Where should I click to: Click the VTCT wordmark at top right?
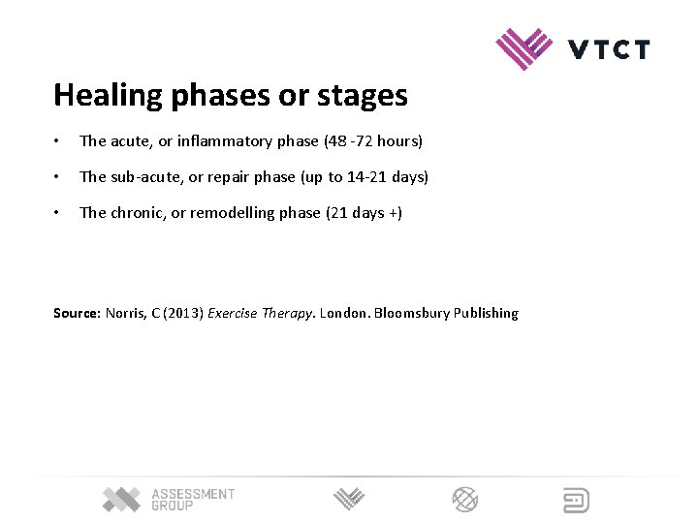[609, 49]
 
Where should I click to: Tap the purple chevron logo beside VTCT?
[523, 48]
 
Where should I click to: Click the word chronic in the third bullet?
[130, 213]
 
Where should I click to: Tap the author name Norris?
[124, 313]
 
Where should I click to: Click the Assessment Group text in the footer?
[193, 500]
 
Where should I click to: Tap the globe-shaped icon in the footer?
[465, 500]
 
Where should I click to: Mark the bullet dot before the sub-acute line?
[59, 177]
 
